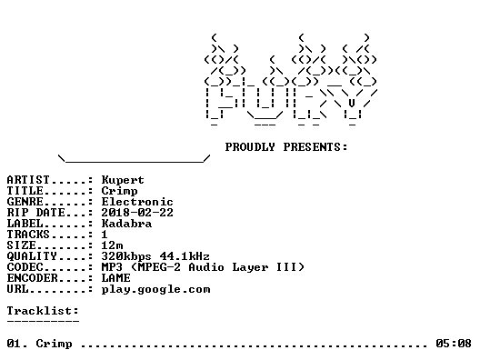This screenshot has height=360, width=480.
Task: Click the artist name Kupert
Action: point(123,180)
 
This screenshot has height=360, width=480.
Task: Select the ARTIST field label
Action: point(28,180)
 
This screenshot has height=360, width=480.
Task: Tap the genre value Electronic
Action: point(137,202)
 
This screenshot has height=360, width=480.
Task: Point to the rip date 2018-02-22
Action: point(137,213)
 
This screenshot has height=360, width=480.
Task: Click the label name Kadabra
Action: point(126,224)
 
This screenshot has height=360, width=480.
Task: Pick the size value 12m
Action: point(112,245)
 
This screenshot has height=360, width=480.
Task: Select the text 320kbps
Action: point(126,256)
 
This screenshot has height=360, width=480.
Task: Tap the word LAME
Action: point(115,278)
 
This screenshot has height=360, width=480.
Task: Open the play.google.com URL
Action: point(155,290)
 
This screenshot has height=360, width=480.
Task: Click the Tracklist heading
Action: point(43,311)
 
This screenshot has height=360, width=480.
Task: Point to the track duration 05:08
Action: point(454,344)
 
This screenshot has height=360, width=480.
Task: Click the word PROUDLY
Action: point(250,147)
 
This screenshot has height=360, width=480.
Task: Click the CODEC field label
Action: point(25,267)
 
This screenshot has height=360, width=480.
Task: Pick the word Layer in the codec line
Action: point(250,267)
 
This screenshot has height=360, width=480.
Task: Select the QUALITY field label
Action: point(32,256)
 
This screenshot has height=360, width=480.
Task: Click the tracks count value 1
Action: point(105,235)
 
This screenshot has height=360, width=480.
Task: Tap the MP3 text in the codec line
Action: point(112,267)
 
